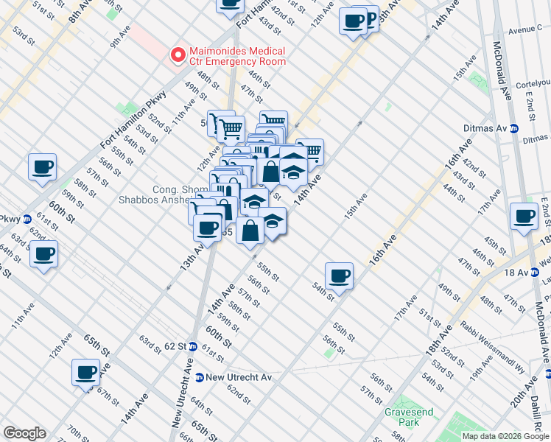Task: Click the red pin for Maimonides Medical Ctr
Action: [x=177, y=55]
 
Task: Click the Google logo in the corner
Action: [x=24, y=433]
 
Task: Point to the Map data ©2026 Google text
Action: [x=505, y=436]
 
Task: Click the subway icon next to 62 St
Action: [x=192, y=346]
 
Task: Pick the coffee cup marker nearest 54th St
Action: [x=339, y=276]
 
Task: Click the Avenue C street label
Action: [x=525, y=31]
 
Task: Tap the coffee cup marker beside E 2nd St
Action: [x=524, y=217]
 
